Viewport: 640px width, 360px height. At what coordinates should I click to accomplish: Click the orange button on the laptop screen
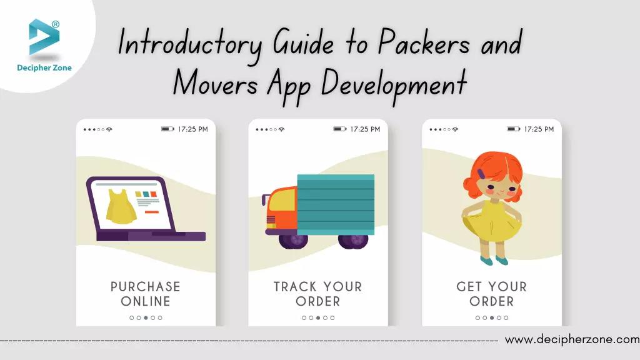point(152,212)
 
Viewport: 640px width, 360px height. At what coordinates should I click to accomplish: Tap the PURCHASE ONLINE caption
point(146,294)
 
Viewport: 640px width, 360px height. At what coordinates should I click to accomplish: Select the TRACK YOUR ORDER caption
point(317,294)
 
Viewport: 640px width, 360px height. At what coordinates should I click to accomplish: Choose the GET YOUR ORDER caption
point(491,294)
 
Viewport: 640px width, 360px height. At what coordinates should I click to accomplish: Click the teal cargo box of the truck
point(336,204)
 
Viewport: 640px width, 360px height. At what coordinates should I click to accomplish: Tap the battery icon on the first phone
point(167,129)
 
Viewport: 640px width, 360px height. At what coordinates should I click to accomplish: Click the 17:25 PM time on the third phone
point(539,129)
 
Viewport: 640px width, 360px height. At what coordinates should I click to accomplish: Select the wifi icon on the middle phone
point(281,129)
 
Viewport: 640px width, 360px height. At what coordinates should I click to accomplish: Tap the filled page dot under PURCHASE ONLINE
point(146,317)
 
